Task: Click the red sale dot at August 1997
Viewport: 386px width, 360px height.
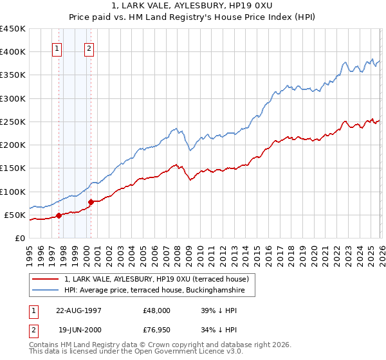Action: point(59,215)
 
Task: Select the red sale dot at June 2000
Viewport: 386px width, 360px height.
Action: point(91,202)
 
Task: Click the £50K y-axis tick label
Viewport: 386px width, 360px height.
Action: point(15,215)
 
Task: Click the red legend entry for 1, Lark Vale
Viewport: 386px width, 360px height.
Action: point(160,279)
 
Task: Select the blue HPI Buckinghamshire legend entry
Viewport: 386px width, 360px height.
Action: point(158,291)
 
